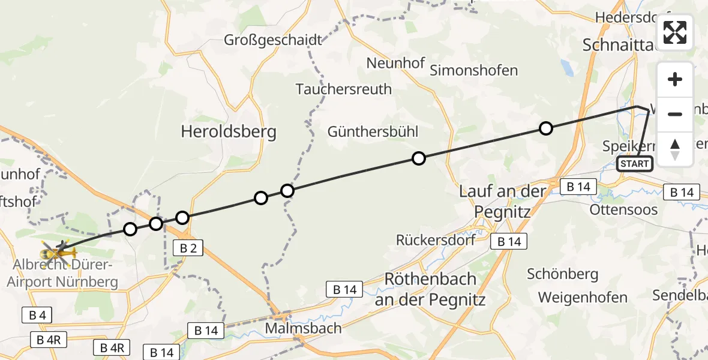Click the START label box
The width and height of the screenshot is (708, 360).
tap(635, 164)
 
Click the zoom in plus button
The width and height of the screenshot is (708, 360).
tap(675, 80)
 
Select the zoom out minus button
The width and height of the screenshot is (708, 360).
tap(675, 114)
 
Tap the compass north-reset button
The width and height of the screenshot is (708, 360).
tap(675, 149)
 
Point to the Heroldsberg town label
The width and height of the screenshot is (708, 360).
tap(229, 132)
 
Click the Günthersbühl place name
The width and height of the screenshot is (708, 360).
tap(373, 131)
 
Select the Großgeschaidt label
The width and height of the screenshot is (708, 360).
tap(273, 40)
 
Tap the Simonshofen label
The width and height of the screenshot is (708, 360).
tap(474, 70)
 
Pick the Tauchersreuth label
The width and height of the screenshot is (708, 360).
tap(344, 89)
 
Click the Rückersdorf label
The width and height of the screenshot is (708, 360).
tap(436, 240)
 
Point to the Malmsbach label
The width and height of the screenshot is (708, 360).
tap(303, 328)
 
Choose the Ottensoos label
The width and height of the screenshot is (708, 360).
tap(623, 209)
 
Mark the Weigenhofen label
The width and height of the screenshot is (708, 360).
tap(583, 297)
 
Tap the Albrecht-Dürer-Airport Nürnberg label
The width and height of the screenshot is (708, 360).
tap(67, 273)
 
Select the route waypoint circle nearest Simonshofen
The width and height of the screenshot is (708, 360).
tap(545, 128)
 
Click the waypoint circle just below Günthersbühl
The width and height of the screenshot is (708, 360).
tap(419, 158)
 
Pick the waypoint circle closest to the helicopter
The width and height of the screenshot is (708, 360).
tap(130, 229)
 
